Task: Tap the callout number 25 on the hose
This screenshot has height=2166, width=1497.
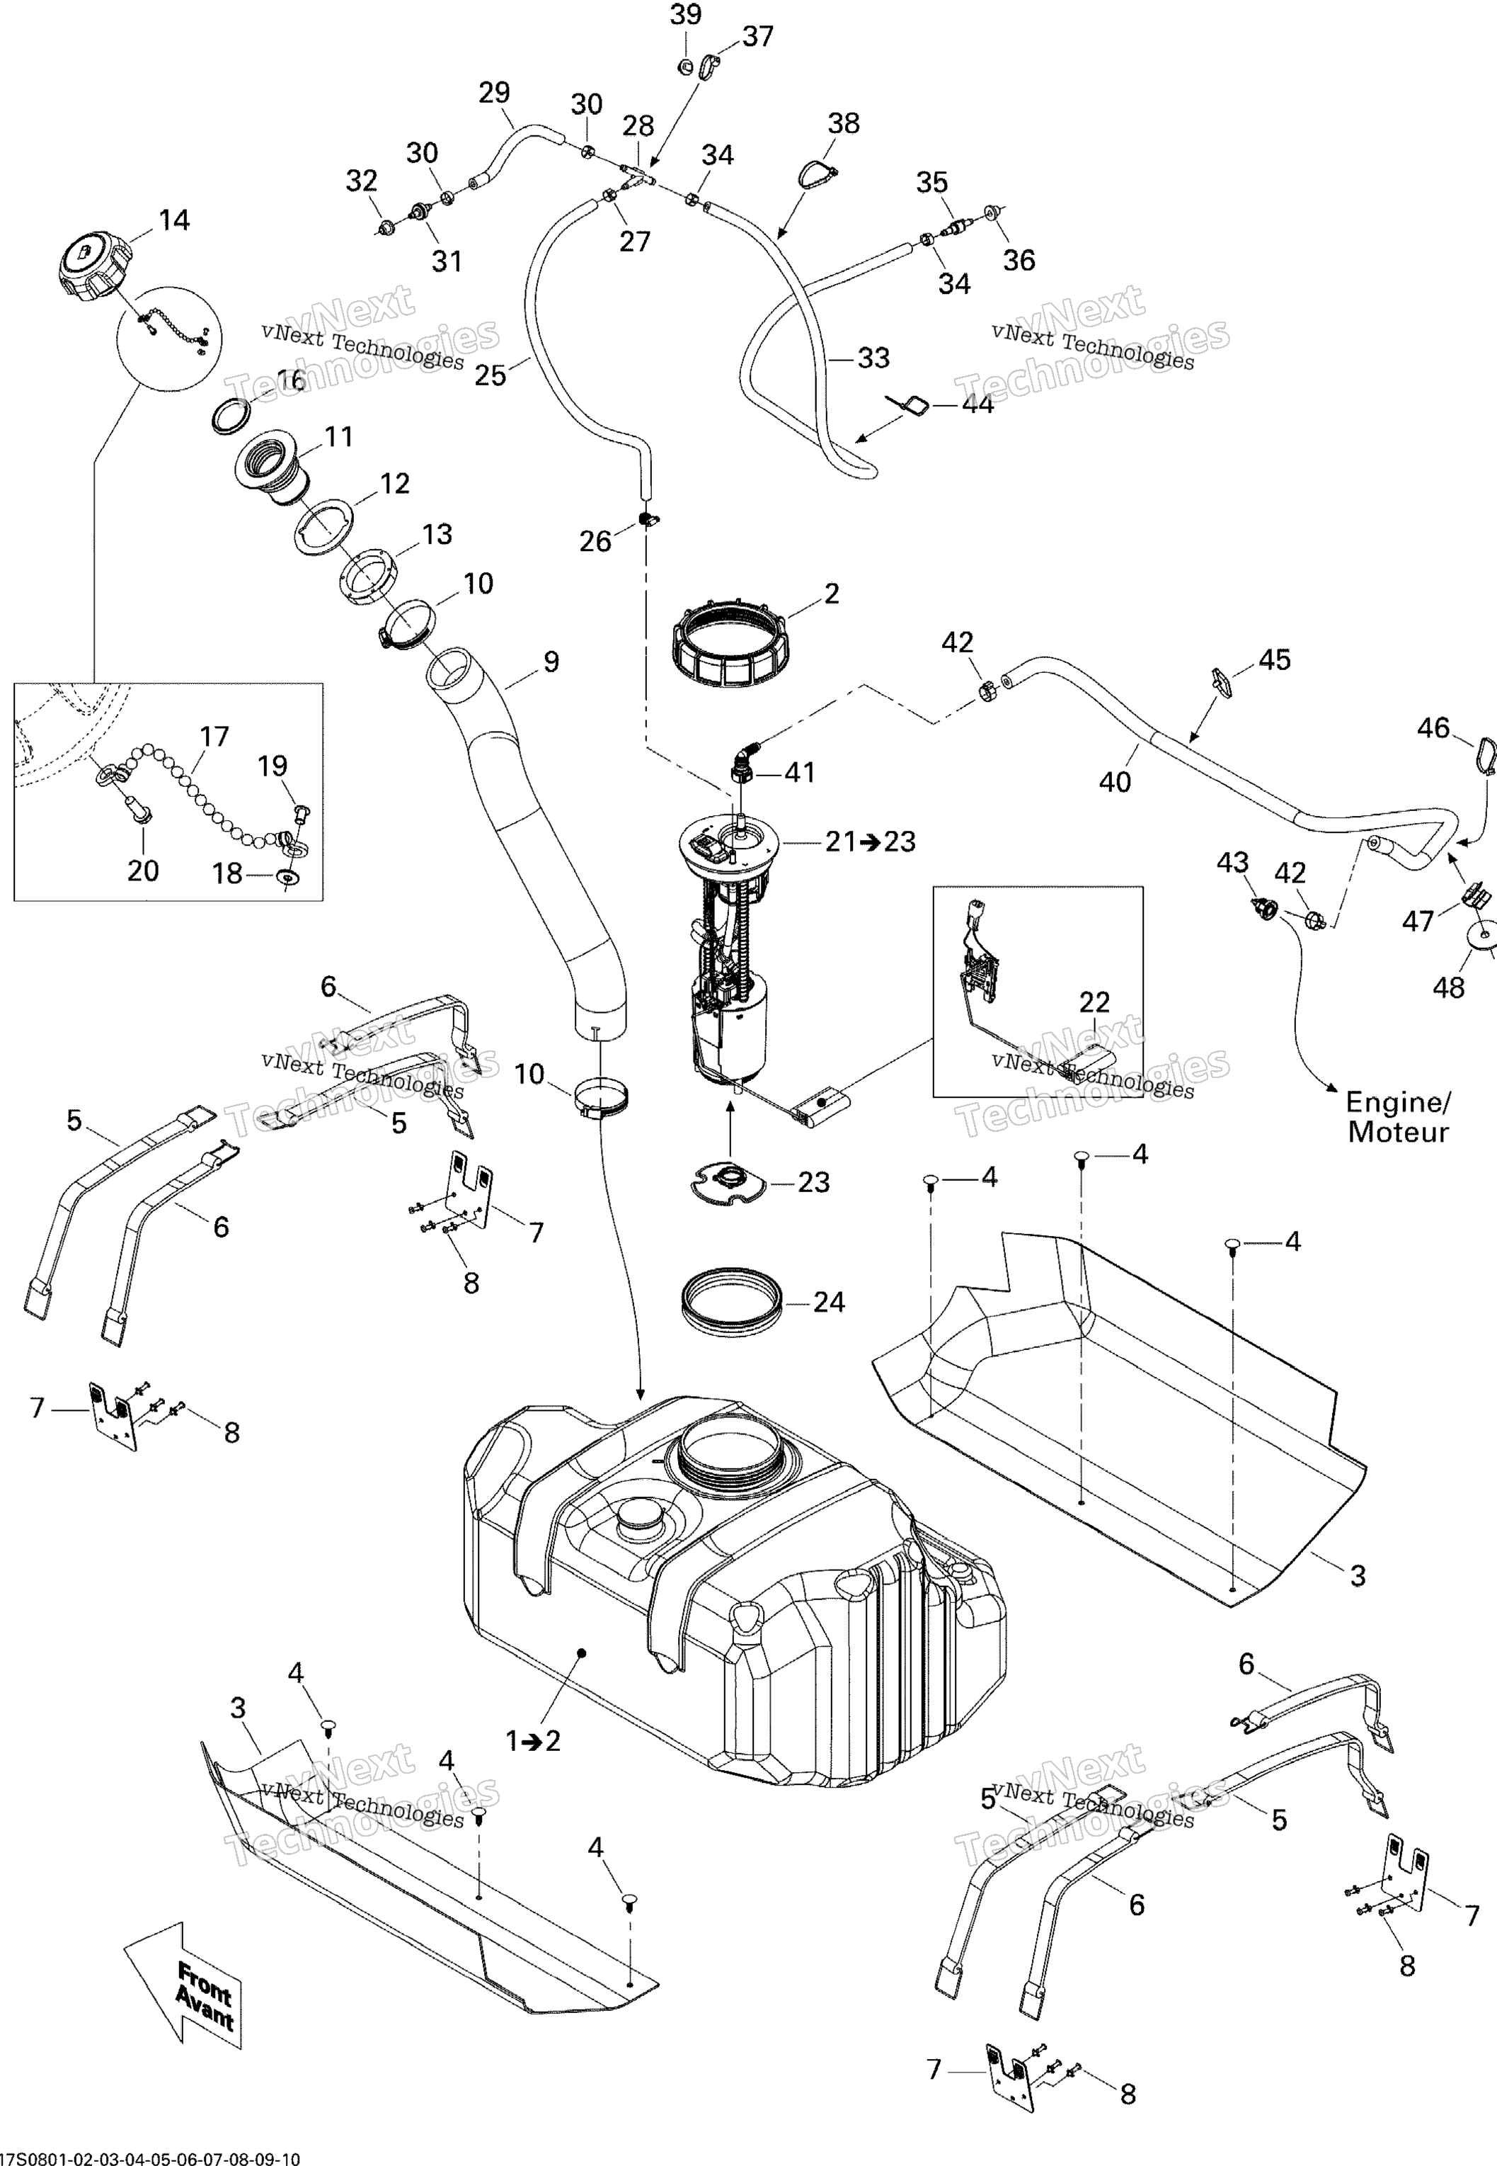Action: [x=490, y=375]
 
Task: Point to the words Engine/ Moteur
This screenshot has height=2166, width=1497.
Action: [x=1398, y=1117]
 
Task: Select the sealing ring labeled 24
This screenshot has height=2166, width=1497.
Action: [x=730, y=1302]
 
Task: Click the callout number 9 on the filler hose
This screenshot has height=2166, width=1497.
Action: [x=551, y=662]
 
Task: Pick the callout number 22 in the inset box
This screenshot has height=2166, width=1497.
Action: [x=1094, y=1002]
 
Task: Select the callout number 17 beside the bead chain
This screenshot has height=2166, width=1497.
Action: [x=214, y=737]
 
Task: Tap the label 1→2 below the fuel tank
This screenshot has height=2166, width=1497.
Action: [x=533, y=1741]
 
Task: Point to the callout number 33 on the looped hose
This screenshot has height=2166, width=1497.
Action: [x=873, y=358]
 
